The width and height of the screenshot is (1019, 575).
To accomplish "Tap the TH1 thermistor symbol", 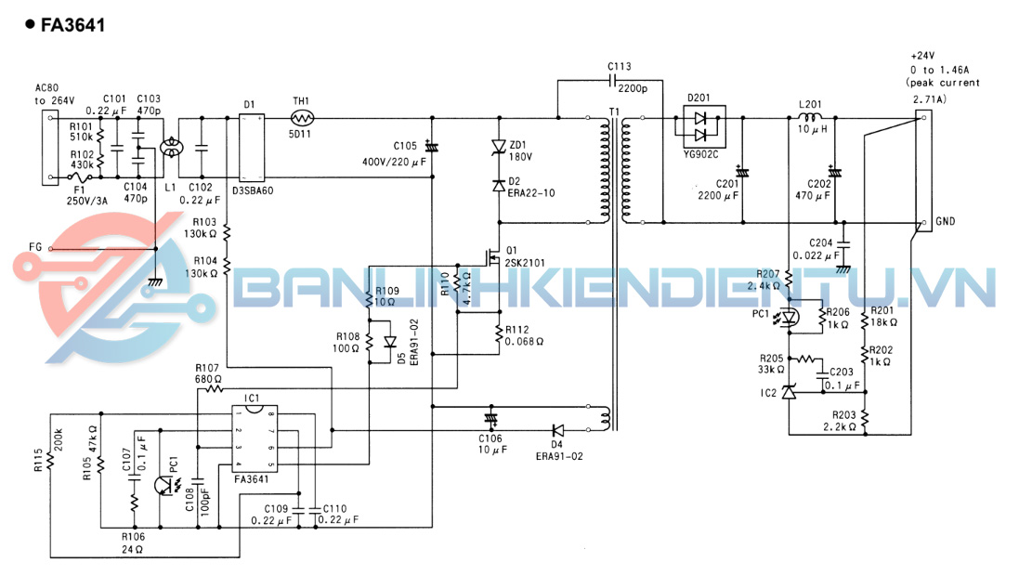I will coord(301,118).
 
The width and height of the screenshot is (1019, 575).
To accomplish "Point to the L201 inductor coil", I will coord(810,119).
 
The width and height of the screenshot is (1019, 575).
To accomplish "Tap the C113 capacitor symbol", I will coord(614,81).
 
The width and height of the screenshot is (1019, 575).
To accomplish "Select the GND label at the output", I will coord(946,222).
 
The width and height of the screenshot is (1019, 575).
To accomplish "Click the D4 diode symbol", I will coord(558,430).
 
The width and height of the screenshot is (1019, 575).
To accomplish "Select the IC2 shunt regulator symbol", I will coord(789,393).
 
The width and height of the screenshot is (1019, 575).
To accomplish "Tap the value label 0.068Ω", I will coord(527,342).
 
